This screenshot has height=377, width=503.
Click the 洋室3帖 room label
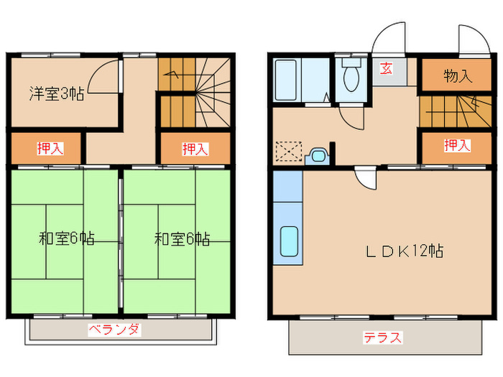pyautogui.click(x=56, y=93)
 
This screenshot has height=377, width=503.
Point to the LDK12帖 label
pyautogui.click(x=405, y=251)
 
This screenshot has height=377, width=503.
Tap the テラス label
pyautogui.click(x=382, y=338)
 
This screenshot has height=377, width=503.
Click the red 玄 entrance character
pyautogui.click(x=387, y=70)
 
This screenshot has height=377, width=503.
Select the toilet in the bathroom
pyautogui.click(x=352, y=76)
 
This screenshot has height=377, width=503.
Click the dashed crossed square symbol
pyautogui.click(x=287, y=152)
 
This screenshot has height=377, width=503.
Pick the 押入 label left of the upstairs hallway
pyautogui.click(x=50, y=149)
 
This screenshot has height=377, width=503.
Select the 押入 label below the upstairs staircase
pyautogui.click(x=195, y=149)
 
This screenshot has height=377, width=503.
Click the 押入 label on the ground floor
pyautogui.click(x=457, y=146)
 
